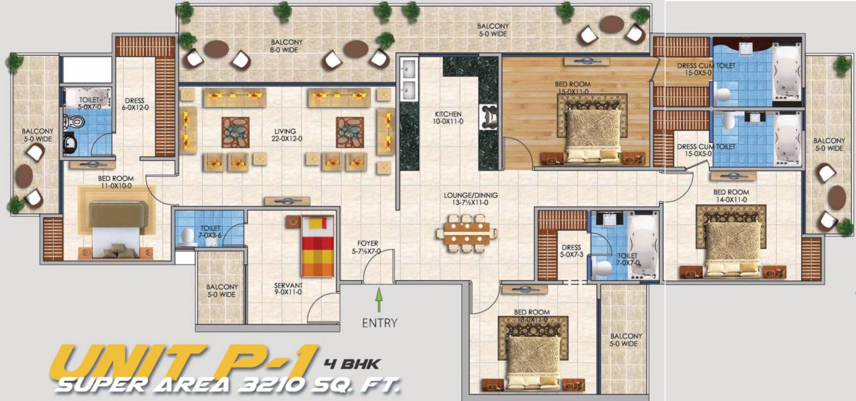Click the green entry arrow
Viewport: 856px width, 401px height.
[379, 300]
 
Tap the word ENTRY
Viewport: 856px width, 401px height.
[379, 323]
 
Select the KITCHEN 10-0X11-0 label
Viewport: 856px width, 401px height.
[448, 117]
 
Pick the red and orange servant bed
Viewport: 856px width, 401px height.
[318, 246]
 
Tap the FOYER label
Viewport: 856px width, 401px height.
[368, 247]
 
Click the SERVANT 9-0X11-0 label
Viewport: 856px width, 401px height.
[288, 289]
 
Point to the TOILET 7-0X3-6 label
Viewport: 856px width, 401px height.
[210, 231]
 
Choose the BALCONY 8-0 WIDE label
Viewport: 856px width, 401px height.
[286, 46]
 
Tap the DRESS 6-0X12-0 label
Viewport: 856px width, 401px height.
[135, 105]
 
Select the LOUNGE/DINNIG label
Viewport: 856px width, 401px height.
[470, 199]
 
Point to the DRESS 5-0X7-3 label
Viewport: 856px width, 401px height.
[571, 251]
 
